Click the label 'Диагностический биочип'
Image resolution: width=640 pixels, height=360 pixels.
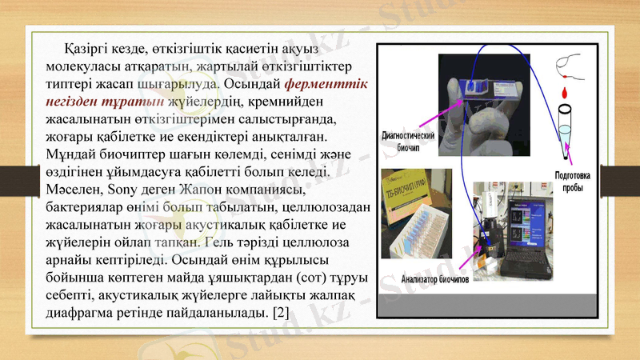tap(409, 142)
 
